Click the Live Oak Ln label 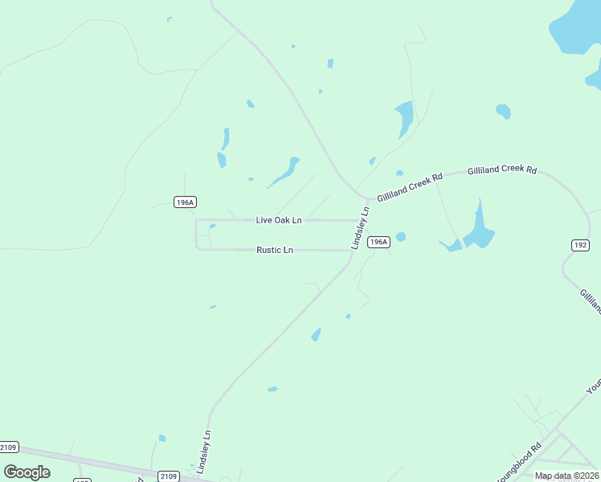pos(279,220)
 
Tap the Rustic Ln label pos(275,250)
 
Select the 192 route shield pos(580,245)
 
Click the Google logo pos(27,472)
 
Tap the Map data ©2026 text pos(566,476)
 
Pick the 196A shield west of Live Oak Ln pos(185,202)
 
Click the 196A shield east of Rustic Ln pos(378,242)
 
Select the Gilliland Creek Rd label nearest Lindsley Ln pos(410,188)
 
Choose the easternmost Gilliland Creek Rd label pos(502,170)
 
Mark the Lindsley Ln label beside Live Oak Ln pos(359,227)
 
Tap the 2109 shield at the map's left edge pos(9,447)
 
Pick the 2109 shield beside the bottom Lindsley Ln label pos(168,476)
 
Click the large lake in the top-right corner pos(575,24)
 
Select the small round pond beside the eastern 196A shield pos(401,237)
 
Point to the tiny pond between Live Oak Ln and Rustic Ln pos(212,227)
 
